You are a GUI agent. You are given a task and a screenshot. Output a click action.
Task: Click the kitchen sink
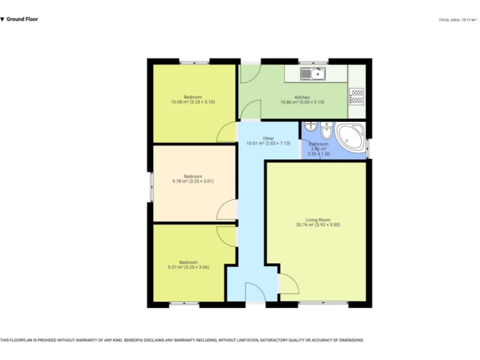click(312, 74)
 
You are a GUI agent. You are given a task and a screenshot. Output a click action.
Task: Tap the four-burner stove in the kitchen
click(356, 97)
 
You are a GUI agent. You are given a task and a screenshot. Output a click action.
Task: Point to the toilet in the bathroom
click(326, 132)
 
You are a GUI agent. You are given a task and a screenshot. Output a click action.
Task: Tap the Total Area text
click(458, 20)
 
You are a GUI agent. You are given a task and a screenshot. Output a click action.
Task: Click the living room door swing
click(288, 284)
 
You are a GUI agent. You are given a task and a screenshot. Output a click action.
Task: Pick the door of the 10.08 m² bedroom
click(226, 132)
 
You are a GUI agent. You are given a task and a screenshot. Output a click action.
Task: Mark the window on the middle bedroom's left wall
click(151, 186)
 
